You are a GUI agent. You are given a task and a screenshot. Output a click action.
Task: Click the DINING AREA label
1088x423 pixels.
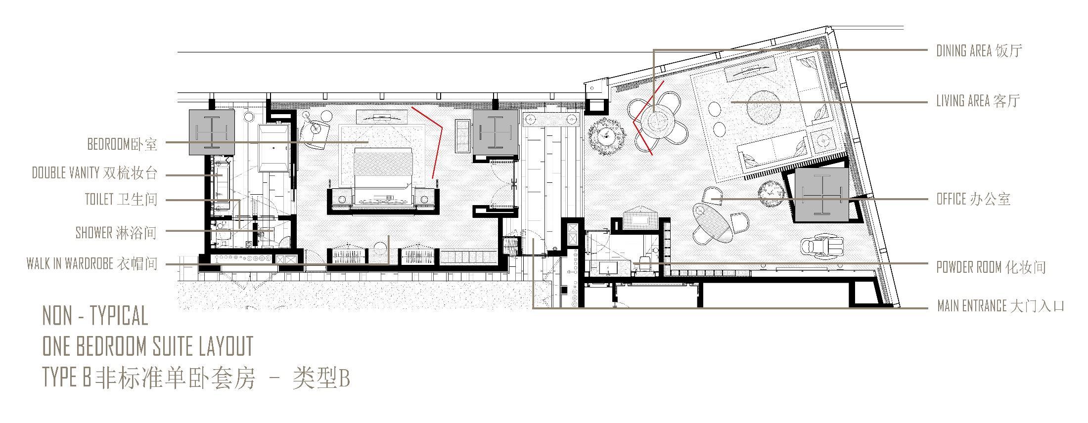click(979, 51)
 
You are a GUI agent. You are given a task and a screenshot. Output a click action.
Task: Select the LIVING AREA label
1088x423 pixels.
click(978, 101)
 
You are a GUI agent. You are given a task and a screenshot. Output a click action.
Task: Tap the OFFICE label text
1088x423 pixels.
click(973, 199)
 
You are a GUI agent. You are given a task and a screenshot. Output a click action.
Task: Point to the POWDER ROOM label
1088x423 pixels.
click(991, 267)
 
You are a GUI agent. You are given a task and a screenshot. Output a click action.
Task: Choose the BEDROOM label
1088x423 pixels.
click(122, 144)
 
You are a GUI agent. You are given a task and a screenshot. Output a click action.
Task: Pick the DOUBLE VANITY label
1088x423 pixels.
click(94, 173)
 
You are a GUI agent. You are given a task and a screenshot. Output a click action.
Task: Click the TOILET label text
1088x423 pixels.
click(121, 200)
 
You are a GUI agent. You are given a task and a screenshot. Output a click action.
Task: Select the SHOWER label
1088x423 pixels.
click(116, 233)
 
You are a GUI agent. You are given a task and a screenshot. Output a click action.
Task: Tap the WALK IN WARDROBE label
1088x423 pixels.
click(92, 264)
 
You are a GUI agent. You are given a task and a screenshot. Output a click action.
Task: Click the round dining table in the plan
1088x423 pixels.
click(658, 123)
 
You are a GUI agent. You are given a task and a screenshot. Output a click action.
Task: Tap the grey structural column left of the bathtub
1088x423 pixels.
click(211, 132)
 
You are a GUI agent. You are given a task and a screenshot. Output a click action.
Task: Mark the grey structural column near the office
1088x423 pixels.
click(821, 194)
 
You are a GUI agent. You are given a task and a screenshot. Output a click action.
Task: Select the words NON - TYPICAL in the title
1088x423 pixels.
click(95, 316)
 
